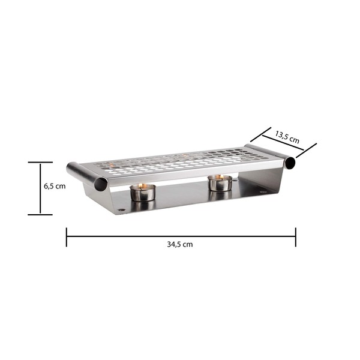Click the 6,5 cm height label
[55, 186]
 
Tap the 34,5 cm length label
[180, 244]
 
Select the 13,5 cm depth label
[287, 137]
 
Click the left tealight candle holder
[143, 193]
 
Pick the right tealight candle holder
[220, 183]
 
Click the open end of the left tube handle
[101, 184]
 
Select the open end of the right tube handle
[290, 163]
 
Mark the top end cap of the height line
[40, 163]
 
